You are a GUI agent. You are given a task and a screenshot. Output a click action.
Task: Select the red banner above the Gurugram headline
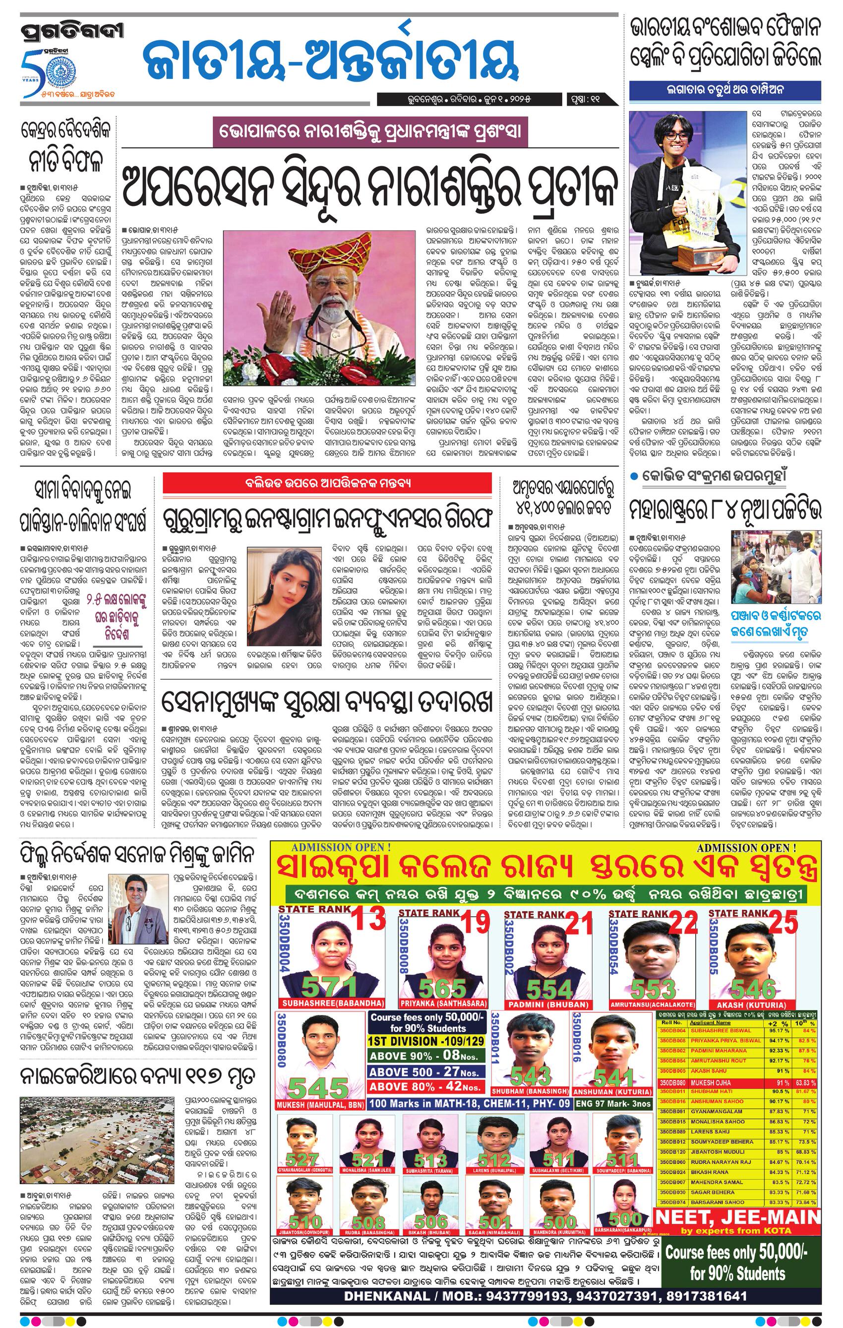(x=327, y=484)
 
